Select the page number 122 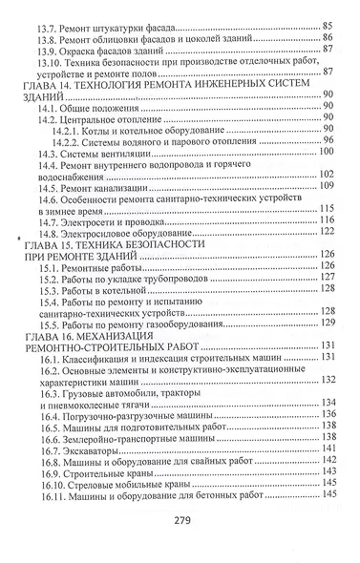(x=328, y=232)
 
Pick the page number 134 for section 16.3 (x=328, y=402)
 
